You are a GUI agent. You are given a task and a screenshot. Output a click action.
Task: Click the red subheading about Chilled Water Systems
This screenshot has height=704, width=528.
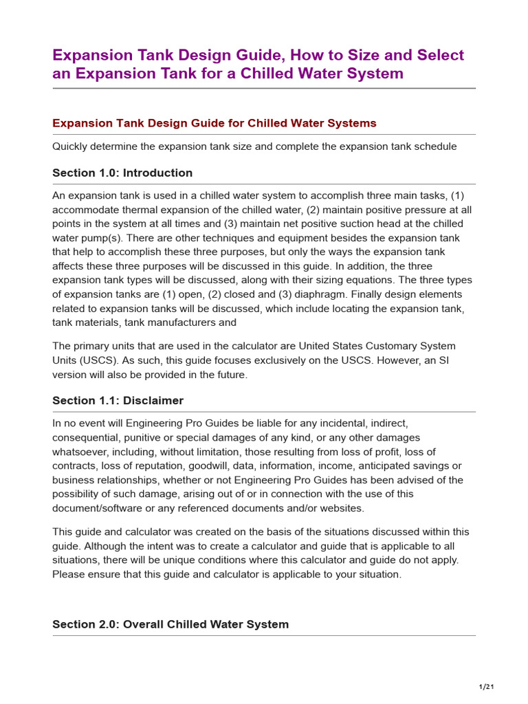(214, 123)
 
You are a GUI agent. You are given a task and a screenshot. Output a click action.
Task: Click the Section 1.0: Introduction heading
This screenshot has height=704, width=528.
(122, 173)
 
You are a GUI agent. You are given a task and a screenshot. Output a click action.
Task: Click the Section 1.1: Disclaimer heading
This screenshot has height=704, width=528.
(118, 400)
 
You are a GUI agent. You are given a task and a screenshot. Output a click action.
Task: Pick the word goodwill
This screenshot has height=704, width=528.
(214, 465)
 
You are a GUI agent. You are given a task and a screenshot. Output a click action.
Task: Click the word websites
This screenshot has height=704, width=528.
(338, 508)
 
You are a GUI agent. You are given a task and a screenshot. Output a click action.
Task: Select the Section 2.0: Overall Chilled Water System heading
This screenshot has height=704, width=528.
(170, 624)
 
